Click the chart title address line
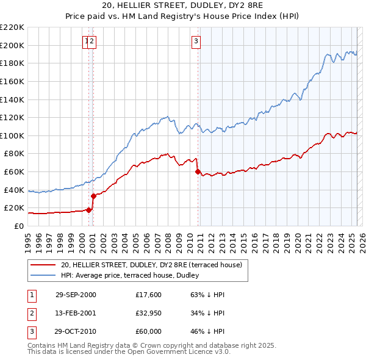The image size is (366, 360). pos(182,6)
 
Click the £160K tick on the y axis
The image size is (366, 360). pos(12,81)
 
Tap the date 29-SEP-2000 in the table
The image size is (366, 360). pos(76,295)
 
